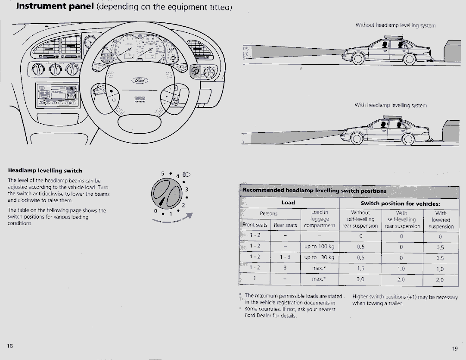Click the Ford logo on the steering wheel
[140, 81]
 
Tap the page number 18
[10, 346]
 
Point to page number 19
[455, 348]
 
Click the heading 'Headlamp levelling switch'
[45, 171]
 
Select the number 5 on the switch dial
[163, 173]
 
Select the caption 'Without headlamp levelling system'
[395, 25]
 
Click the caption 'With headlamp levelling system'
[390, 105]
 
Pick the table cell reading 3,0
[360, 279]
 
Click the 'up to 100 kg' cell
[319, 247]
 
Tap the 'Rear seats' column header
[285, 225]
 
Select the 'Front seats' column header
[255, 225]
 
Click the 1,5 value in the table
[360, 268]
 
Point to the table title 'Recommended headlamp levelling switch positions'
[314, 191]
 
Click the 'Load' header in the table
[288, 202]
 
